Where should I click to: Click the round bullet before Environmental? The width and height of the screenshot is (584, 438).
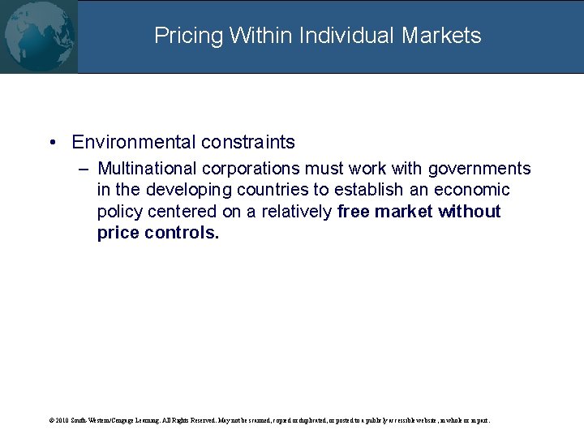coord(51,143)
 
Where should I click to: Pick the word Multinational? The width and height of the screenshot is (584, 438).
coord(147,169)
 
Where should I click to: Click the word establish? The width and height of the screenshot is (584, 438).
coord(362,190)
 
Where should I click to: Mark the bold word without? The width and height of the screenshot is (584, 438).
coord(470,212)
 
